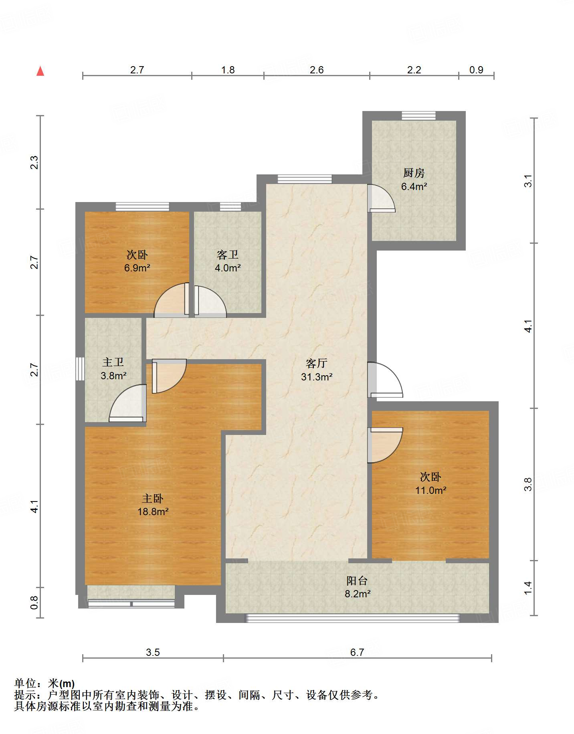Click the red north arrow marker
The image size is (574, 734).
(x=40, y=71)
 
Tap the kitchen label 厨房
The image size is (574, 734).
(x=414, y=173)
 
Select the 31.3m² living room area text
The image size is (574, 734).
(x=317, y=377)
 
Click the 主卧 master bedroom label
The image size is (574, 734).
(x=153, y=498)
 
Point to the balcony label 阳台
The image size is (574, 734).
(x=357, y=580)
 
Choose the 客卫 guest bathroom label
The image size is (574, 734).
(x=227, y=255)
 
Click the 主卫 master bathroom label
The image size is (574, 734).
(x=113, y=362)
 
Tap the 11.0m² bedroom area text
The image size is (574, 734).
(x=431, y=490)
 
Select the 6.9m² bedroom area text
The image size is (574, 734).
(x=137, y=268)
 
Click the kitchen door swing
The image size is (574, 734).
(x=381, y=198)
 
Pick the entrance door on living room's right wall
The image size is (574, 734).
(x=385, y=380)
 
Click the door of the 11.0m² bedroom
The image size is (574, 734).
(x=385, y=445)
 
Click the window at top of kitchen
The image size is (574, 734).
(x=419, y=115)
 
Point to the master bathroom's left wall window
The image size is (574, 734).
(x=80, y=369)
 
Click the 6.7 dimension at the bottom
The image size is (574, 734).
(x=357, y=652)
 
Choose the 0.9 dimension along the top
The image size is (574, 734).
(x=476, y=70)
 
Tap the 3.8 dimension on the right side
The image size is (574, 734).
(x=528, y=484)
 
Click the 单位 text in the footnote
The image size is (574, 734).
(x=25, y=683)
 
